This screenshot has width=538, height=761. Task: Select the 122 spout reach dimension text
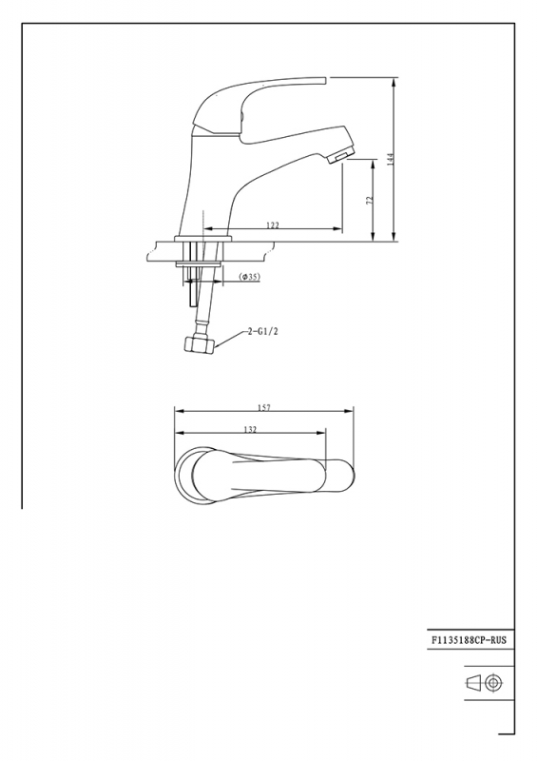pos(272,225)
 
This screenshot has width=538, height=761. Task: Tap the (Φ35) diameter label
pos(250,276)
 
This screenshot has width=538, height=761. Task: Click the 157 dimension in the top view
pos(264,408)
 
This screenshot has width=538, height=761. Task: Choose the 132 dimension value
pos(250,430)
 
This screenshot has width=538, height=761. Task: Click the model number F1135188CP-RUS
pos(471,641)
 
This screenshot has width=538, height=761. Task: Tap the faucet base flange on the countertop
pos(203,235)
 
